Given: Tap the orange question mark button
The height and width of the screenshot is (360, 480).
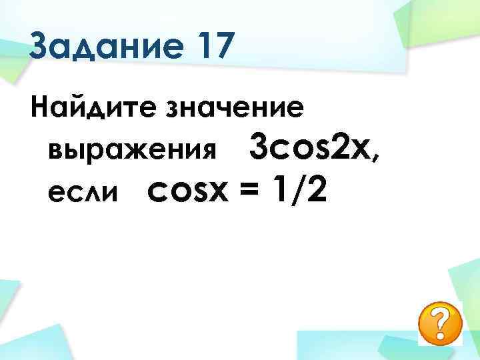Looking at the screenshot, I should pos(439,324).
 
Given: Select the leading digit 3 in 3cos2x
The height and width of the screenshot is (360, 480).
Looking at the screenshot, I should pos(258,147).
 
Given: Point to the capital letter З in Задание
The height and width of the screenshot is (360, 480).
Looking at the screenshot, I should pos(41,49).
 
